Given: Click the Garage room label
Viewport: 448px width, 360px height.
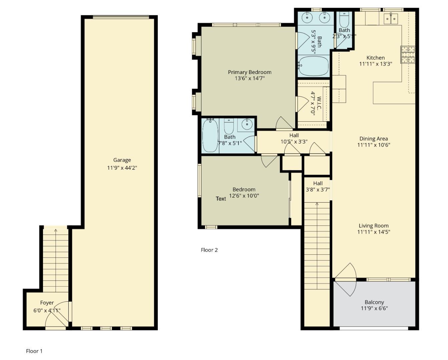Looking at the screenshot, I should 122,160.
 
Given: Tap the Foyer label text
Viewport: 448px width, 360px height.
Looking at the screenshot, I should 47,303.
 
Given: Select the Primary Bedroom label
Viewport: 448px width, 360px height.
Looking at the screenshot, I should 250,72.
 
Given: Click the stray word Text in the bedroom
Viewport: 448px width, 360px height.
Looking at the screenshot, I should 221,199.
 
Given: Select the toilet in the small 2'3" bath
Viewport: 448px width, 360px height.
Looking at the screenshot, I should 344,21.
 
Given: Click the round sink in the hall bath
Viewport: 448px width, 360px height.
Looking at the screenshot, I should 247,125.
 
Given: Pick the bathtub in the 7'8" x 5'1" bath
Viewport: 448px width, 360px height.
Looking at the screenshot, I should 210,136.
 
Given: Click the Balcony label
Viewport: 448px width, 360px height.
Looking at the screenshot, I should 374,302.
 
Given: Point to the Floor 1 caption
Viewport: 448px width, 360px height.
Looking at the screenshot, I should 34,351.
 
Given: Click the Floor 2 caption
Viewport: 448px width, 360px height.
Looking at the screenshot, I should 209,250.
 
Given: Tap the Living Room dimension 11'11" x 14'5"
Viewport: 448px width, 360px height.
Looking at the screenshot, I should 374,232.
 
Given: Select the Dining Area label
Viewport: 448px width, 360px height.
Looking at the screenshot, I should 374,139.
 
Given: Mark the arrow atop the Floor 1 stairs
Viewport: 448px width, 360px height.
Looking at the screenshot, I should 55,230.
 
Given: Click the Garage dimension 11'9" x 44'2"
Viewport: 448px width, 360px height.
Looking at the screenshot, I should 122,168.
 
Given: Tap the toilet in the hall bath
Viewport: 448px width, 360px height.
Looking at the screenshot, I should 229,126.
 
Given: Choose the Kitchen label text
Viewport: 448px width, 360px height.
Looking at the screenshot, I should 375,58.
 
